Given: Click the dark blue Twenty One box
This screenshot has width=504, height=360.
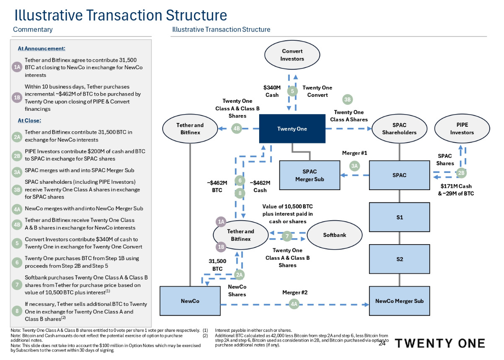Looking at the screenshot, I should [x=292, y=129].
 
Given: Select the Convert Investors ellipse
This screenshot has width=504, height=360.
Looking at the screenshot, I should [x=292, y=55].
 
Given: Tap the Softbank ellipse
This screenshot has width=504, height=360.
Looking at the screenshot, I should [x=335, y=235].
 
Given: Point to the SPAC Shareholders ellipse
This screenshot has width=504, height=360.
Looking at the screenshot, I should [x=399, y=129].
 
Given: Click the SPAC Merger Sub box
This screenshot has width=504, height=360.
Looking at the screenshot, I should [x=309, y=175].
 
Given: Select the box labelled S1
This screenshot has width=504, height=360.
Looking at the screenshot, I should [x=399, y=217].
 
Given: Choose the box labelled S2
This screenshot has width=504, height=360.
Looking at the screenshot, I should [x=399, y=259].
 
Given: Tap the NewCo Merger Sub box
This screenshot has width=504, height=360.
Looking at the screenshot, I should [x=399, y=301].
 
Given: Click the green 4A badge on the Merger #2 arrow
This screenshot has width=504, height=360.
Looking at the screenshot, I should [x=294, y=303].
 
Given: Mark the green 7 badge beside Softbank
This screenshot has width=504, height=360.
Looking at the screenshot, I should [x=286, y=236].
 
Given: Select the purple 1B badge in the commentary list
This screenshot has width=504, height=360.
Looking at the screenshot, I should [x=17, y=98].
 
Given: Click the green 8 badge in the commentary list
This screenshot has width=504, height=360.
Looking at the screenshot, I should [x=17, y=311].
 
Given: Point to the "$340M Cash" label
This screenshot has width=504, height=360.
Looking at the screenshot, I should [x=272, y=91].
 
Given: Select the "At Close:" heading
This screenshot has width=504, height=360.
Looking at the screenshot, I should [x=29, y=120].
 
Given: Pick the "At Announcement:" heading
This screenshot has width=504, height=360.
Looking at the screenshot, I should [x=42, y=49].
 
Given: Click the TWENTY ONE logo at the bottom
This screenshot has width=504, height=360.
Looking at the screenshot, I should [x=439, y=344].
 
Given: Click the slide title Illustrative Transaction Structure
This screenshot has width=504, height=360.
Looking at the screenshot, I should [x=121, y=15].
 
